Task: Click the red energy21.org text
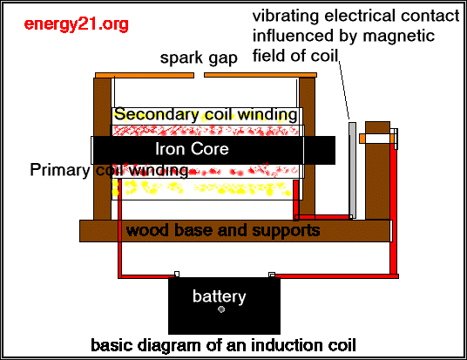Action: click(x=77, y=24)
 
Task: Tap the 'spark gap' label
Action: click(x=199, y=58)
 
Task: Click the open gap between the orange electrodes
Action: click(x=199, y=75)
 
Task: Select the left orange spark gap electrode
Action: click(x=145, y=75)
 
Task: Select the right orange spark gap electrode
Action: click(x=261, y=75)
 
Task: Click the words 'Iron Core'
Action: click(x=192, y=149)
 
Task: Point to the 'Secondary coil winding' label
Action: click(x=206, y=114)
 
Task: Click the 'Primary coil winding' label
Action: click(x=109, y=170)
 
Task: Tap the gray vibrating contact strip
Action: click(x=352, y=171)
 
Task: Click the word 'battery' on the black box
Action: click(x=220, y=296)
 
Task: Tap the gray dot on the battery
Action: click(x=221, y=309)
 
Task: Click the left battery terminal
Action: click(x=177, y=274)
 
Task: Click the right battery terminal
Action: click(x=272, y=275)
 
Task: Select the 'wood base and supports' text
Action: click(x=223, y=230)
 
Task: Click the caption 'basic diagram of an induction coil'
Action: click(x=223, y=345)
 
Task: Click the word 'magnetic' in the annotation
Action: click(x=399, y=36)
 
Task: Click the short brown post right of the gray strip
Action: click(x=377, y=171)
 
